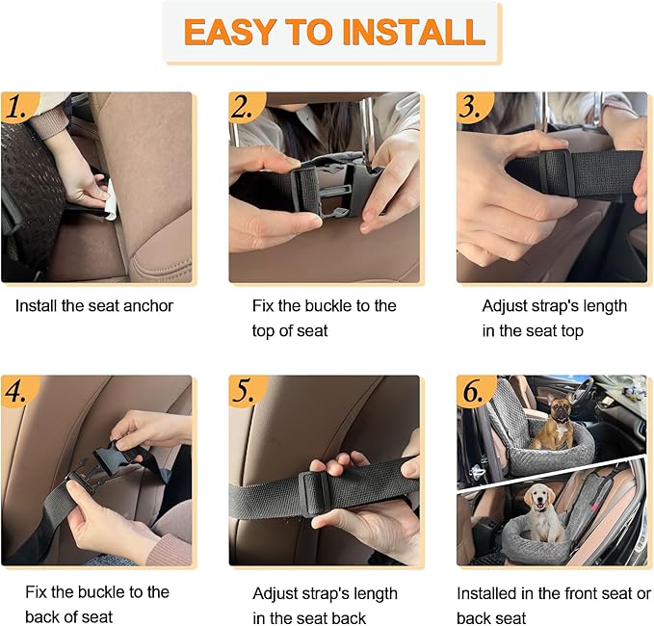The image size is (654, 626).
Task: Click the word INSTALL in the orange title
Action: [414, 32]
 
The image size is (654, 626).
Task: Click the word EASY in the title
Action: [229, 32]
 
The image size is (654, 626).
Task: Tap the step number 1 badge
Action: [17, 107]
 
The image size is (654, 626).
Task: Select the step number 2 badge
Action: [246, 107]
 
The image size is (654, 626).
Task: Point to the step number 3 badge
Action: [473, 107]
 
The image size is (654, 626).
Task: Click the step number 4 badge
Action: [17, 391]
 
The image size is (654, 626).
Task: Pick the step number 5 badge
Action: [246, 391]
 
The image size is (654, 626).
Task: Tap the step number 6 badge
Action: [473, 391]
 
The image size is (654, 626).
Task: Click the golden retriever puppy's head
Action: [539, 497]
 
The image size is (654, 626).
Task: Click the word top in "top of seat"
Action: [263, 331]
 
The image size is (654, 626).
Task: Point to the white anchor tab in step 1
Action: [110, 200]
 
